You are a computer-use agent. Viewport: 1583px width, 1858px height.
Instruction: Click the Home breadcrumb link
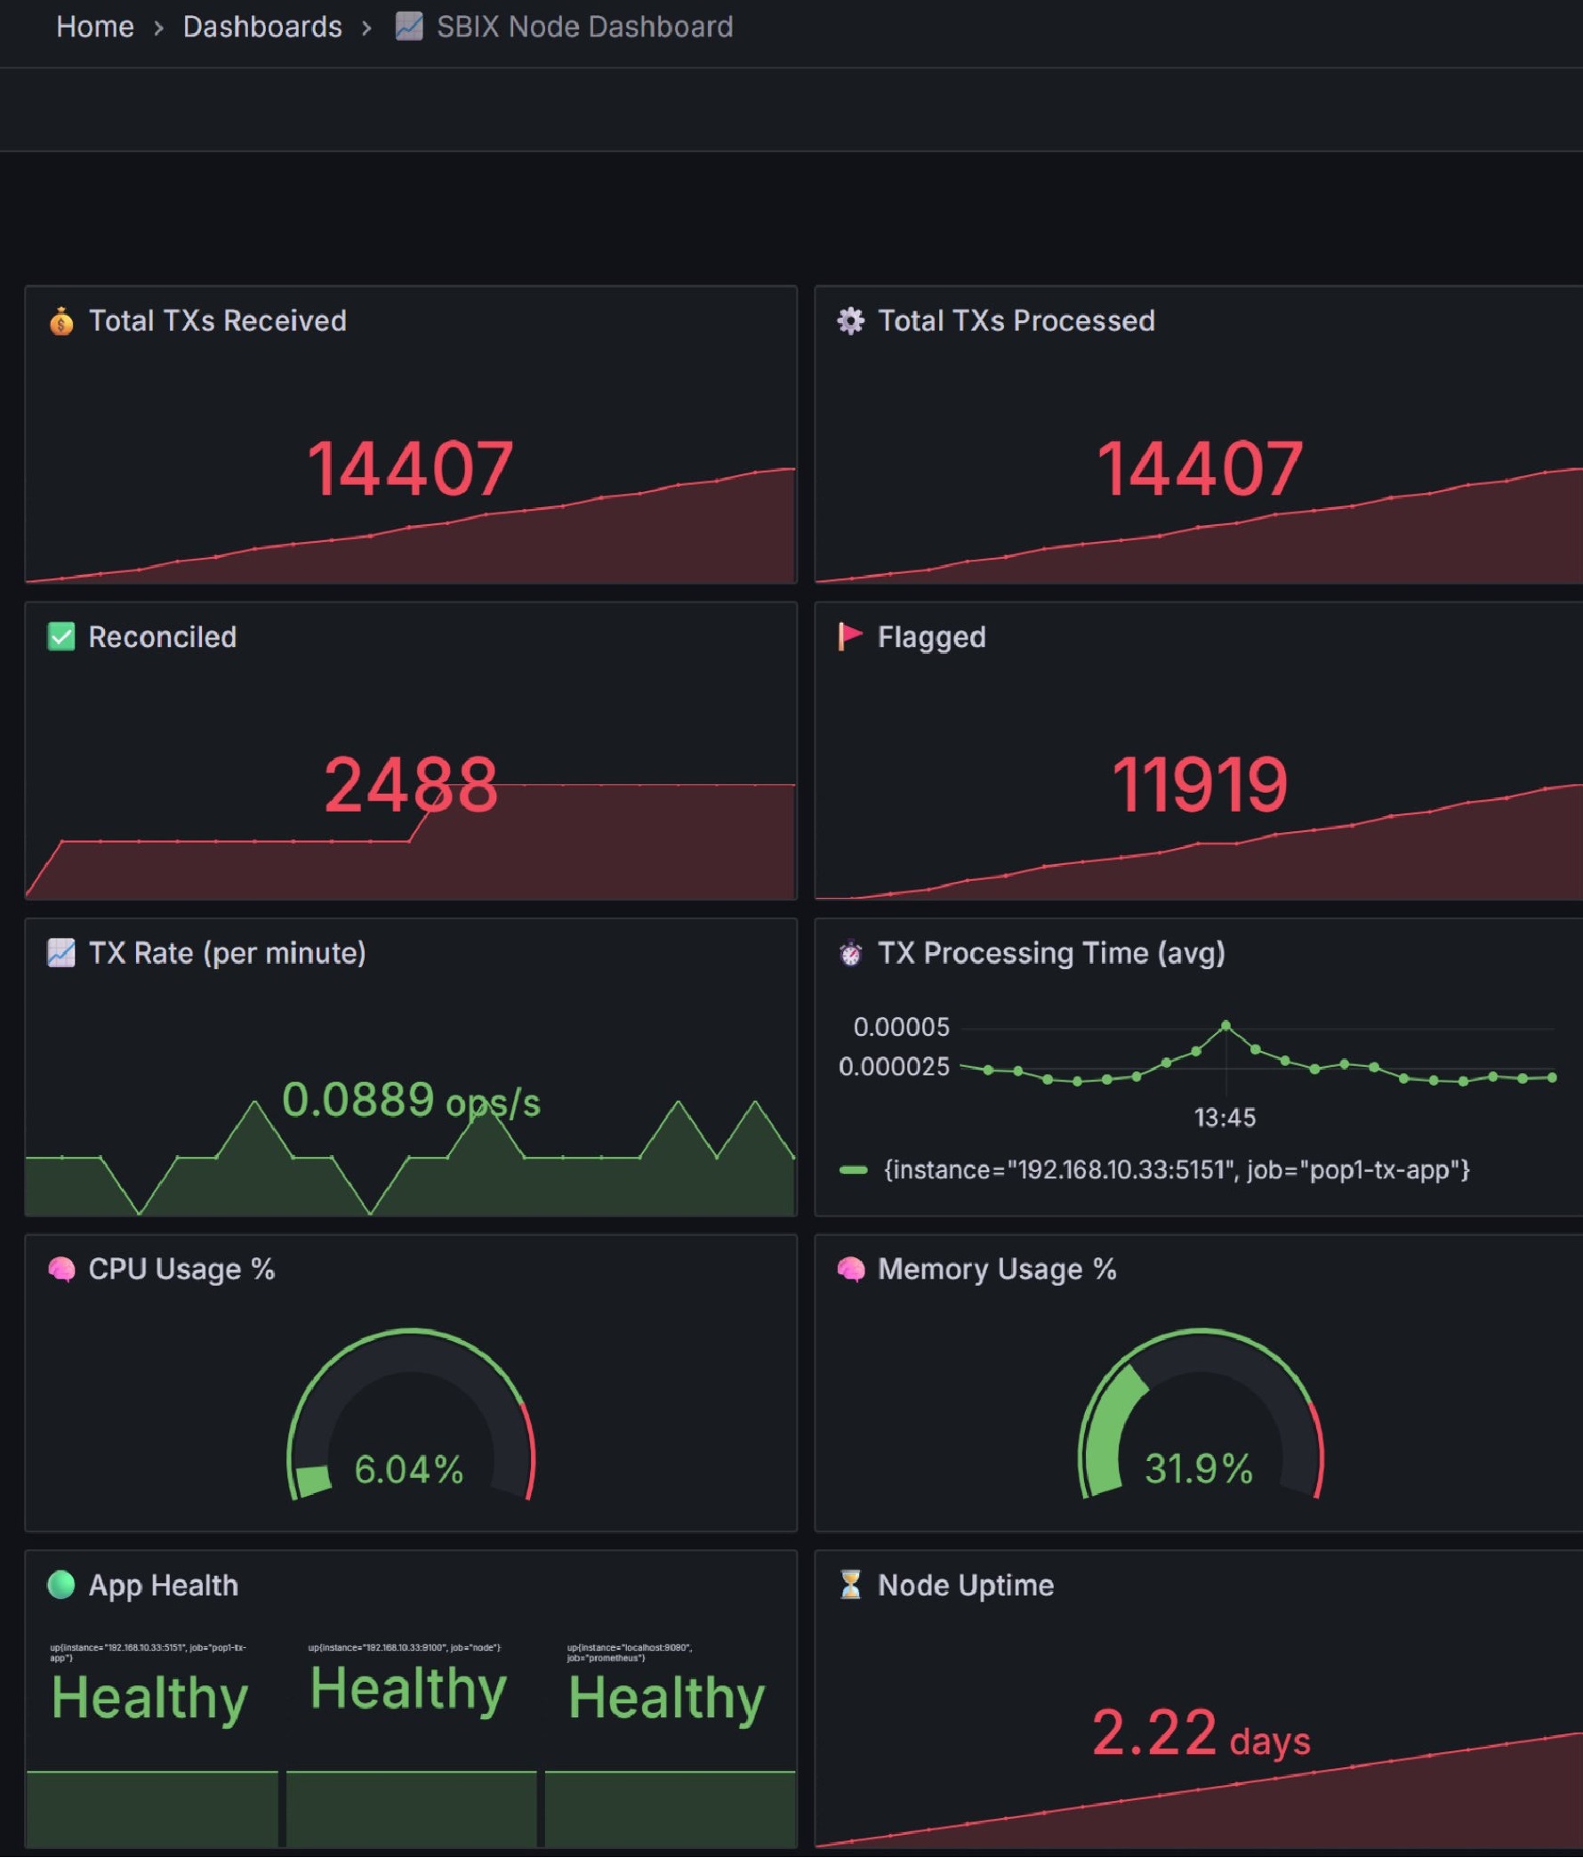click(94, 27)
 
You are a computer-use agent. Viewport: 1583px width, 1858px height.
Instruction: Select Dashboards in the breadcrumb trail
click(261, 27)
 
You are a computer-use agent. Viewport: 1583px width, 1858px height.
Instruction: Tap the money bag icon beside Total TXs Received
click(61, 320)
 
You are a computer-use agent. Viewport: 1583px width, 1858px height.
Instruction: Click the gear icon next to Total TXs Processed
click(850, 320)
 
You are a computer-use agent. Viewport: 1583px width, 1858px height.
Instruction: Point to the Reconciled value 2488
click(410, 785)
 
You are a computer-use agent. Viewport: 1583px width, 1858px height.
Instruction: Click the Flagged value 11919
click(1199, 785)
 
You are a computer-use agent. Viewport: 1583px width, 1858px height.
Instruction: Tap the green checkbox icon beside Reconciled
click(61, 636)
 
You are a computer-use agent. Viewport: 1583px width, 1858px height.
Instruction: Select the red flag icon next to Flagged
click(849, 636)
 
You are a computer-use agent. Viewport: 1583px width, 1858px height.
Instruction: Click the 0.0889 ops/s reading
click(411, 1100)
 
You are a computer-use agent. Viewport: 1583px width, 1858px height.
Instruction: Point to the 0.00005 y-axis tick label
click(900, 1027)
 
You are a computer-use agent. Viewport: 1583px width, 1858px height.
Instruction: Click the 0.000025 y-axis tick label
click(893, 1066)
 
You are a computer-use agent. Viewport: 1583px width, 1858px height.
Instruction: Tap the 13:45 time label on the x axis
click(1225, 1118)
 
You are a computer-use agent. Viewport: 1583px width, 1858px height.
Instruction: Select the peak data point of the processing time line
click(1225, 1025)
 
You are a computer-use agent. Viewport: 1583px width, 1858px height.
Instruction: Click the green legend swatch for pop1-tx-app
click(853, 1169)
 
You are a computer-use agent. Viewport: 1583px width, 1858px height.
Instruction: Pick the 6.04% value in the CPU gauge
click(409, 1469)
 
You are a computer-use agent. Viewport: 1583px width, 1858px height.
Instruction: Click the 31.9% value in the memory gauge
click(1199, 1469)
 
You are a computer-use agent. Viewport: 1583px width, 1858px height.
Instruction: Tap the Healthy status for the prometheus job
click(666, 1698)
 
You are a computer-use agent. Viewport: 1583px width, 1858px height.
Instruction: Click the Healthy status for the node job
click(408, 1689)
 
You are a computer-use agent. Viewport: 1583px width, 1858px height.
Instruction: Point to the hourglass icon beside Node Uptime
click(850, 1585)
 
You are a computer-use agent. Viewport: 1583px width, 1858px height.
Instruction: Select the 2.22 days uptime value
click(1200, 1733)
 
